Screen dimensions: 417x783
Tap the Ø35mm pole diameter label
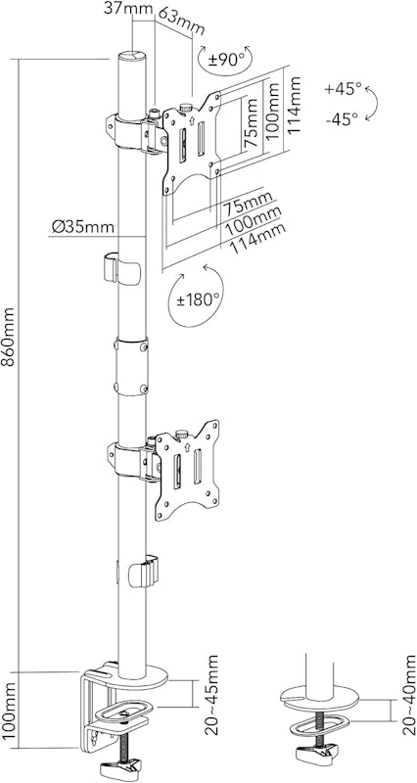(x=82, y=227)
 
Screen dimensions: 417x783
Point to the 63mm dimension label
(x=181, y=21)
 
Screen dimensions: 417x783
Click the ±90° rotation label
(x=224, y=60)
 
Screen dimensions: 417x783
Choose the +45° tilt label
(x=343, y=89)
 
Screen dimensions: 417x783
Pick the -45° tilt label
(x=342, y=118)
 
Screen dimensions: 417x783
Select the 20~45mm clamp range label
(x=211, y=695)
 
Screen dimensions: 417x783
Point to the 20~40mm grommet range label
(x=408, y=695)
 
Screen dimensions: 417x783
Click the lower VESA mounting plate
(x=187, y=471)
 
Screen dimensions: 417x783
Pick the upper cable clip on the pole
(x=121, y=268)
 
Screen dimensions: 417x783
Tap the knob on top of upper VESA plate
(x=186, y=107)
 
